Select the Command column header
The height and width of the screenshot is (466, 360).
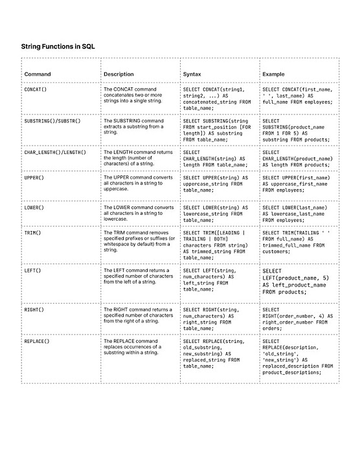(38, 74)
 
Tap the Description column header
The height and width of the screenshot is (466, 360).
(118, 74)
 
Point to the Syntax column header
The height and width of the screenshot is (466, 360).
(192, 74)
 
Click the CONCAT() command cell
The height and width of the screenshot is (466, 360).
(35, 89)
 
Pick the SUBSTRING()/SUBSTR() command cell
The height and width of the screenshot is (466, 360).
(52, 121)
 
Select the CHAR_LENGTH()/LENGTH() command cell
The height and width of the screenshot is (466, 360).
(55, 153)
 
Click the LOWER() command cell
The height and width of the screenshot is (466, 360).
(34, 208)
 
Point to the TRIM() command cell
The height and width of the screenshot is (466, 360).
(32, 232)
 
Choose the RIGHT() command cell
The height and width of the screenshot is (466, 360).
(34, 310)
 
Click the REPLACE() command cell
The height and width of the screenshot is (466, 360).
(37, 341)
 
